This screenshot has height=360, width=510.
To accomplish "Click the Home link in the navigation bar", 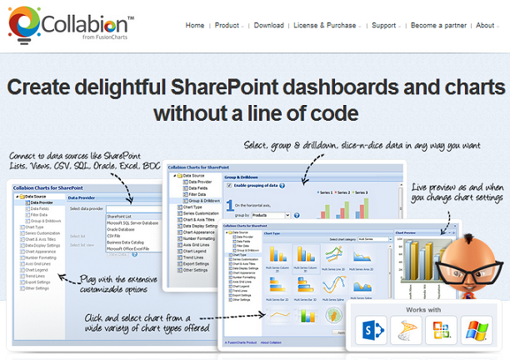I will pos(194,26).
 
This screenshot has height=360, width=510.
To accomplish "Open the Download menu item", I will pos(268,26).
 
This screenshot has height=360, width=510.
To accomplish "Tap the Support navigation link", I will pos(383,26).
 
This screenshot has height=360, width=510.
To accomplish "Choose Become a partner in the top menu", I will pos(437,26).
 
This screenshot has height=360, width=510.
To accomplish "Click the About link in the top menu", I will pos(485,26).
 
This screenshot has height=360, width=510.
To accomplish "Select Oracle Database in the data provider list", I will pos(126,229).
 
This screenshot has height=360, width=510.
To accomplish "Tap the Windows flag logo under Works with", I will pos(476,331).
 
